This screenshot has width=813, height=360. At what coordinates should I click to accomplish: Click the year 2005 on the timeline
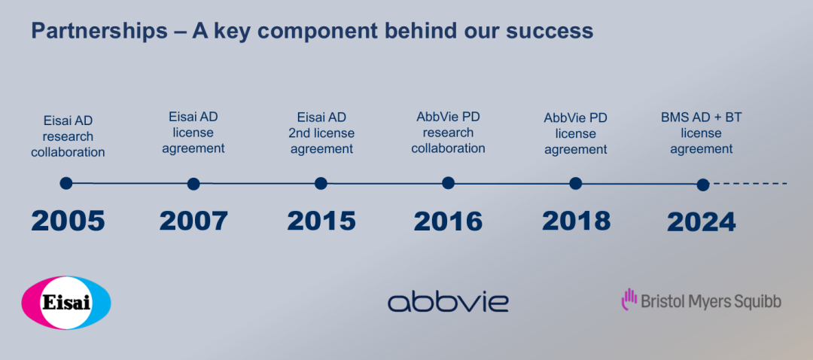pos(68,221)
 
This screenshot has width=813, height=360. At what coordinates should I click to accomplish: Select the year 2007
pos(193,221)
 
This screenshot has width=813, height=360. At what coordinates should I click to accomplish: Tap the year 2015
pos(321,221)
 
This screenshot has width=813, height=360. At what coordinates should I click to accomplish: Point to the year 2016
pos(448,221)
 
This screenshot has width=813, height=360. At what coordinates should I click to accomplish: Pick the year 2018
pos(576,221)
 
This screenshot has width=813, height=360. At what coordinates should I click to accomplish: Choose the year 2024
pos(701,222)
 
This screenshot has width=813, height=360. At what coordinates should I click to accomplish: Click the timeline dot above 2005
pos(65,183)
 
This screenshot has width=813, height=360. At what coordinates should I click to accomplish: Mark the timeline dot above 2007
pos(193,184)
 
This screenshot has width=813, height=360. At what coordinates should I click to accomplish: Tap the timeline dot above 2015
pos(321,183)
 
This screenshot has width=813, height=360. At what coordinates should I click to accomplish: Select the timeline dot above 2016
pos(449,182)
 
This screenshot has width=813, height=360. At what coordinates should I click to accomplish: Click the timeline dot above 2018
pos(576,183)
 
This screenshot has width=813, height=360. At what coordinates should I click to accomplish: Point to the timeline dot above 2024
pos(703,185)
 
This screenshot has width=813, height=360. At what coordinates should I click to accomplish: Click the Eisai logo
pos(65,303)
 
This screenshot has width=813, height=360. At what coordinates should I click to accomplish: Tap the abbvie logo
pos(448,301)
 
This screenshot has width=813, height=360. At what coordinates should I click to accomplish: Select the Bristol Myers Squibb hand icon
pos(629,299)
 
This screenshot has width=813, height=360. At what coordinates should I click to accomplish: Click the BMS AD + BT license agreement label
pos(701,133)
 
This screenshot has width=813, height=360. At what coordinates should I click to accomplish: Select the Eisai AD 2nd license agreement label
pos(321,133)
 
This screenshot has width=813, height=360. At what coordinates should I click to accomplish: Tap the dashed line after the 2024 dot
pos(751,184)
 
